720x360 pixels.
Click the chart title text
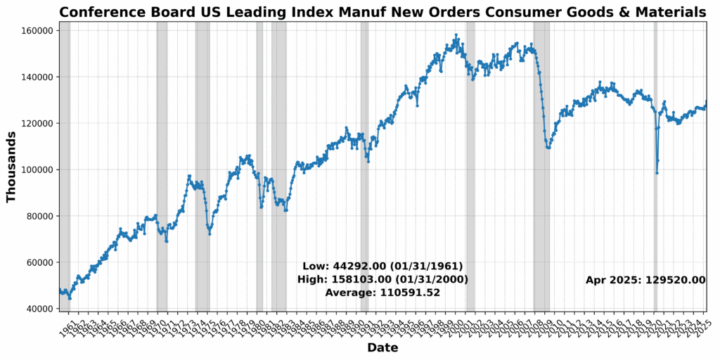(382, 12)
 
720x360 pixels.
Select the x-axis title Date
(382, 348)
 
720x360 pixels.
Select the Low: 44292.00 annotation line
(382, 266)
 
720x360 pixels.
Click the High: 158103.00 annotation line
(382, 279)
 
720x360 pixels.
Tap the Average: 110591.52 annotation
(382, 292)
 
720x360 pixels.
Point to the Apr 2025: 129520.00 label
(645, 280)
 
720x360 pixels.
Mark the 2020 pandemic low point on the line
(657, 173)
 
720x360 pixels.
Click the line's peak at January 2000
(456, 34)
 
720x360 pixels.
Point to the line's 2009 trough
(548, 148)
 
